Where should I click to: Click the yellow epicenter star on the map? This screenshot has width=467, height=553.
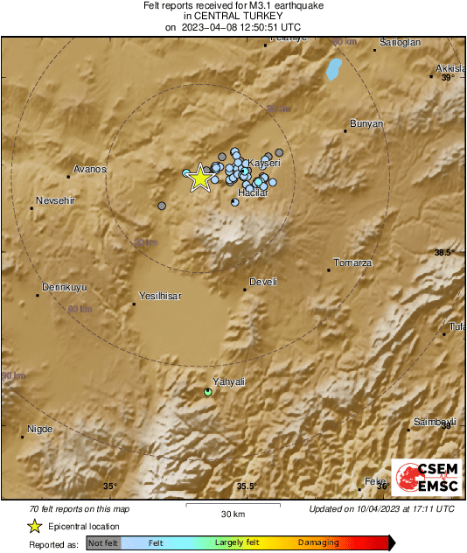tap(200, 178)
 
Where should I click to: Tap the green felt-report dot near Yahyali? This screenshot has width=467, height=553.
tap(208, 392)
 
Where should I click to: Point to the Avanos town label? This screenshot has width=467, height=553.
tap(90, 169)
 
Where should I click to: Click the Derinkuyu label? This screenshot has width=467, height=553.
tap(65, 288)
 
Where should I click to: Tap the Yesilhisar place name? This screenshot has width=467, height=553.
tap(160, 297)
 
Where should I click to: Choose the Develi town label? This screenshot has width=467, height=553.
tap(263, 282)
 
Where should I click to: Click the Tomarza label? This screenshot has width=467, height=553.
tap(354, 263)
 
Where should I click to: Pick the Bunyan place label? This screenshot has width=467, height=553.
tap(366, 124)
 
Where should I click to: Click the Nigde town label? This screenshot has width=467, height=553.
tap(40, 429)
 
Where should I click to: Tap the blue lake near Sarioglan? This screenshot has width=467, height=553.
tap(333, 69)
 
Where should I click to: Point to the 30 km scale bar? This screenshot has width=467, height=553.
tap(232, 504)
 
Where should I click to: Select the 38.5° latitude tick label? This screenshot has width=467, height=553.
tap(444, 253)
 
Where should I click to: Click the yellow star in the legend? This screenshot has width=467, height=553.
tap(34, 527)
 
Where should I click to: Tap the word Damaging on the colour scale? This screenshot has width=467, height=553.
tap(319, 543)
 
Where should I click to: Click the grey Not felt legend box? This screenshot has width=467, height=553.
tap(104, 543)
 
